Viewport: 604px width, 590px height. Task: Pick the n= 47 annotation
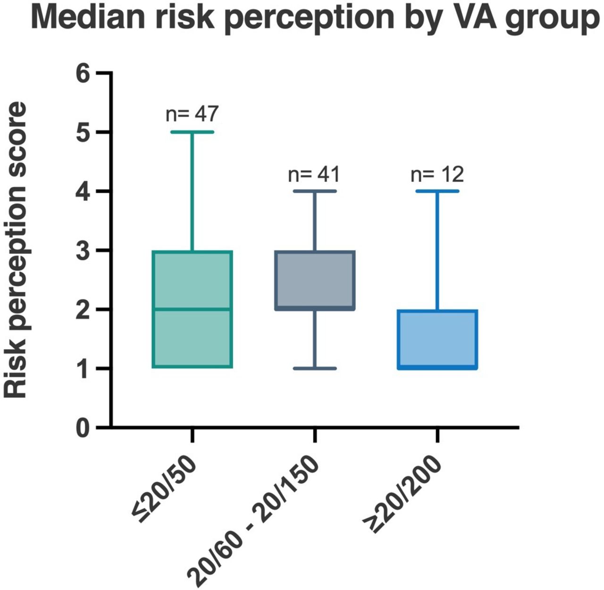pos(192,114)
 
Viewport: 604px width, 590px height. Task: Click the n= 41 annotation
pos(314,175)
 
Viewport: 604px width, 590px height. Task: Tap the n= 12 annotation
pos(437,175)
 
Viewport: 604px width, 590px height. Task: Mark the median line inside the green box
pos(192,309)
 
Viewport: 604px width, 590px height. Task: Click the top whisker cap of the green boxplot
pos(192,132)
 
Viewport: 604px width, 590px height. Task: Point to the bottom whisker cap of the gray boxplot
pos(315,368)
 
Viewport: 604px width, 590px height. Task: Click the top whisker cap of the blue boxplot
pos(437,191)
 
